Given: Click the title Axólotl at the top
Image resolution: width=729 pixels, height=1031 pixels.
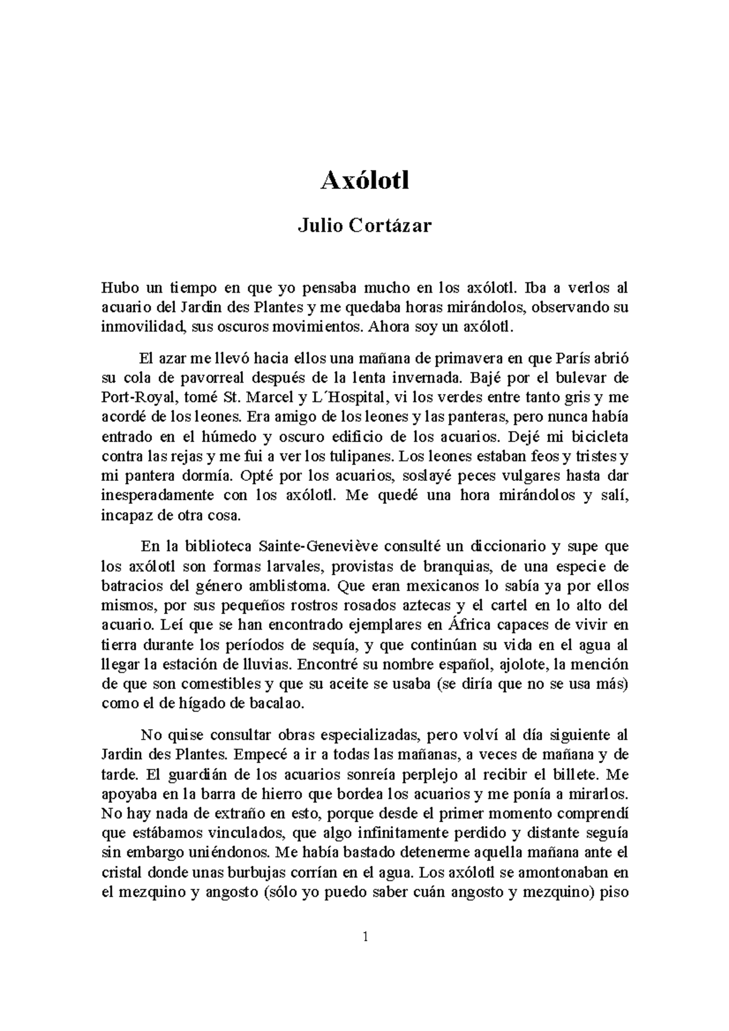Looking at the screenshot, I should (364, 180).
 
